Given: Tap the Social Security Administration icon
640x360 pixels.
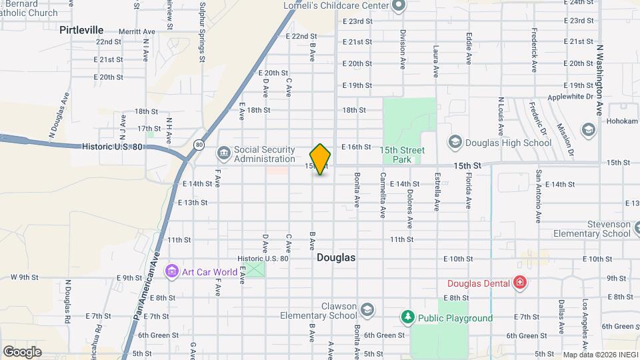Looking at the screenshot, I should point(223,154).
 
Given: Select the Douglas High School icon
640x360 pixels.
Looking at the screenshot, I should point(455,142).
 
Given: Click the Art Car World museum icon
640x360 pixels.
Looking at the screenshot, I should point(172,271).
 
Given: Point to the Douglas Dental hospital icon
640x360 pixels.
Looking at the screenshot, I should point(519,283).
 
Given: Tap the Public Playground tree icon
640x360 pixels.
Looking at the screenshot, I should point(407,317).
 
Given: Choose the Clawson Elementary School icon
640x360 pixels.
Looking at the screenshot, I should point(367,310).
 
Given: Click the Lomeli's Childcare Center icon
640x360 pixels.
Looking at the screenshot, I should point(399,6).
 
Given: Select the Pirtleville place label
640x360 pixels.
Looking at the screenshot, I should point(81,30).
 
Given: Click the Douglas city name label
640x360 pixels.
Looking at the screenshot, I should point(336,257).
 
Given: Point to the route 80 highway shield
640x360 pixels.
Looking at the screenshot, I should point(199,144).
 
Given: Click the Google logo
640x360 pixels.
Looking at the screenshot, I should point(22,351).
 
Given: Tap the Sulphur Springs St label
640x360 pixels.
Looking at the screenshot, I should point(201,32).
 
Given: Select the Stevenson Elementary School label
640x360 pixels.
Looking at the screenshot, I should point(591,229).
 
